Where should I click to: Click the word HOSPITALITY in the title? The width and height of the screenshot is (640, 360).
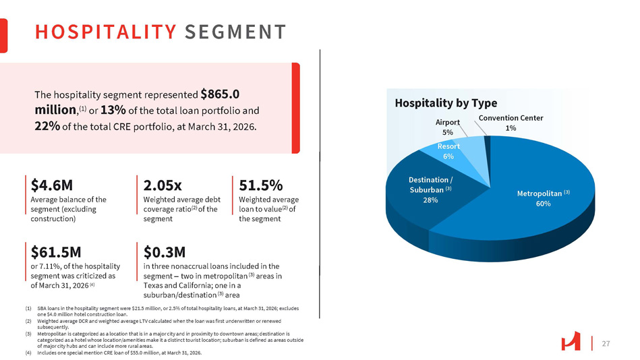(105, 32)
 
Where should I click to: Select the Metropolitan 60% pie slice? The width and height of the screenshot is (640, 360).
(533, 202)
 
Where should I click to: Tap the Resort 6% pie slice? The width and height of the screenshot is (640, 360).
(448, 151)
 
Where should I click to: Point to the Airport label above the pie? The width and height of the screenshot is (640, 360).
(448, 122)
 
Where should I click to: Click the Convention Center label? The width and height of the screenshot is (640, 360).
(511, 118)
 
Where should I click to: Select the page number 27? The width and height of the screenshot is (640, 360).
(605, 344)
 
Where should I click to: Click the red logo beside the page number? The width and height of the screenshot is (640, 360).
(571, 343)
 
